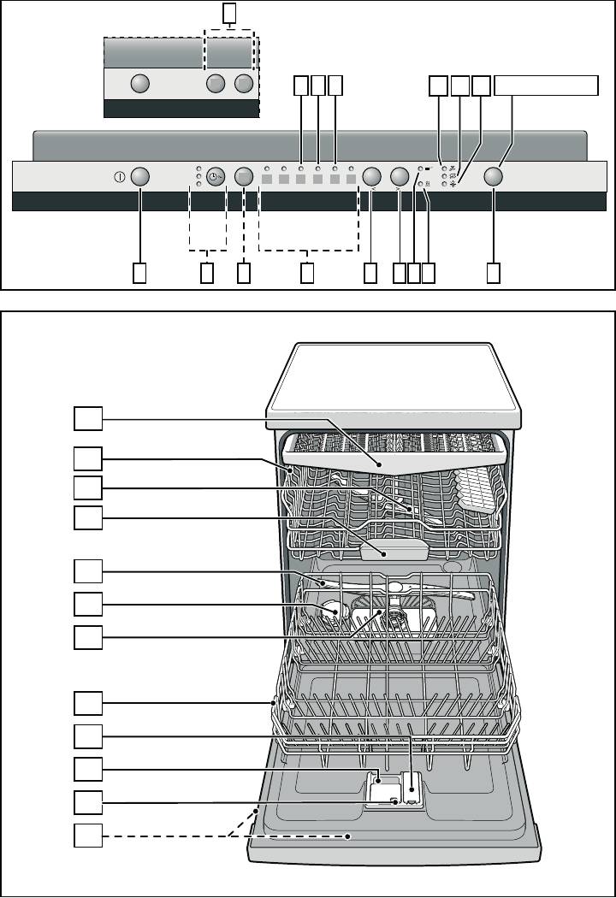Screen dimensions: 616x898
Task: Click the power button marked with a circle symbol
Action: pos(140,176)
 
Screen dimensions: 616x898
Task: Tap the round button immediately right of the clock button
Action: pos(245,176)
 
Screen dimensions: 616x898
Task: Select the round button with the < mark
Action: pos(371,176)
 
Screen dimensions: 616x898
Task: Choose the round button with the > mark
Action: pos(399,176)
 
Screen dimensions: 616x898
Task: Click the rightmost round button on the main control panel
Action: pos(493,176)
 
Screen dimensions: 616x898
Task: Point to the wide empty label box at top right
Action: pos(545,85)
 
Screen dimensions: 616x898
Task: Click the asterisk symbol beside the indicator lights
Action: pos(454,185)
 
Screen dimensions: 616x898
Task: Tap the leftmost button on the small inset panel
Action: pos(140,84)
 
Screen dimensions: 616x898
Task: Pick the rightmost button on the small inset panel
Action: pos(246,84)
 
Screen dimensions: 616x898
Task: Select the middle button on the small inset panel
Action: pos(216,84)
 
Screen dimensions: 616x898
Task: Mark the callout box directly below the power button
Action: pos(140,273)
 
